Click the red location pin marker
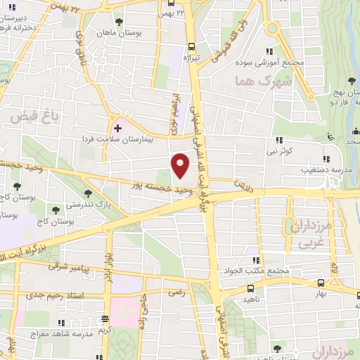[x=181, y=165]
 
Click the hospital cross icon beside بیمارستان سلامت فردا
[x=117, y=127]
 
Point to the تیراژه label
[x=192, y=58]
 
